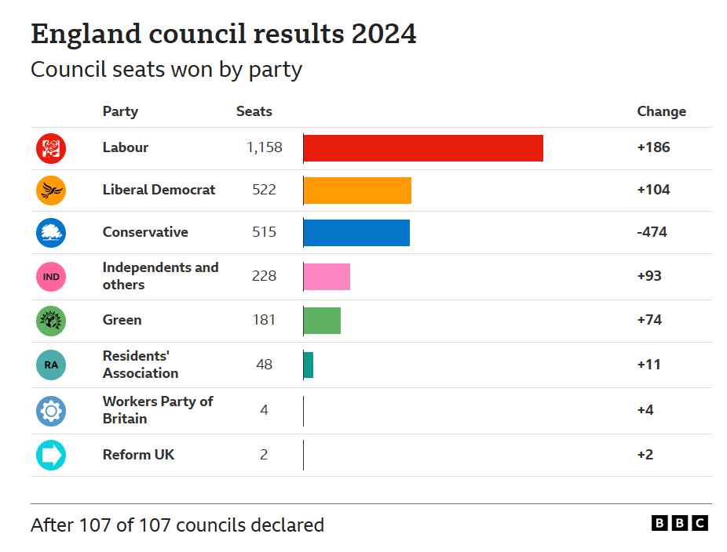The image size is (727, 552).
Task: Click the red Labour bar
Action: point(423,148)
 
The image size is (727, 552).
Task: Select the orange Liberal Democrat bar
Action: point(357,191)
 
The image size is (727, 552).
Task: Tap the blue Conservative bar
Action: point(356,233)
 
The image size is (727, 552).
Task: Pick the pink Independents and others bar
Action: point(327,277)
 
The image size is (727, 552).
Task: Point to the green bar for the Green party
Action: point(322,321)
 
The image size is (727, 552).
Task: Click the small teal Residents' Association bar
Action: point(309,365)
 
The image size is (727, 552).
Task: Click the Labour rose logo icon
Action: point(51,148)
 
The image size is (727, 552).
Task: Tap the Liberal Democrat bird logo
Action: point(51,191)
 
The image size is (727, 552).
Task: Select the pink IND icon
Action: point(51,277)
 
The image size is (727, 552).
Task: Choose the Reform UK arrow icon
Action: point(51,456)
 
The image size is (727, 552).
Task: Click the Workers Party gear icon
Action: point(51,411)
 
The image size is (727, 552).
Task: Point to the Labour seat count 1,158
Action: point(264,147)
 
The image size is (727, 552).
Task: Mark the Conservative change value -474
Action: point(652,232)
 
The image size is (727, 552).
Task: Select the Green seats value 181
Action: point(264,320)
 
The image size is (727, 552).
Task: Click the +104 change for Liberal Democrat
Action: point(653,190)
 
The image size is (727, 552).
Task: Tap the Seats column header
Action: point(254,111)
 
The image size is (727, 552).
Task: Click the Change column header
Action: point(661,111)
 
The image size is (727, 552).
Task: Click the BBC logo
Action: point(680,523)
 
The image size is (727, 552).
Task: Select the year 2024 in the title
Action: point(384,34)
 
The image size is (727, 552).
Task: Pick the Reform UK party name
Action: point(138,455)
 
